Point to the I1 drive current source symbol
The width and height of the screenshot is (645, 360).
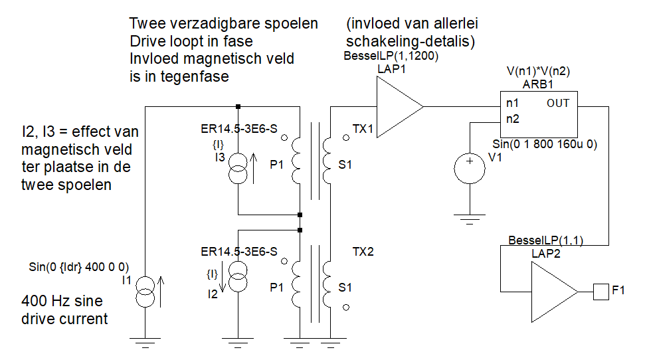pos(145,292)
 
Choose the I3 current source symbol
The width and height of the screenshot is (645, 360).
pos(238,168)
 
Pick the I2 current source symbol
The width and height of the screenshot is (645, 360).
pos(238,277)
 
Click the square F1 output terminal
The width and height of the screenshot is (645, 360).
pos(601,292)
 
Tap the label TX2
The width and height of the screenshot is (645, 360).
pos(363,251)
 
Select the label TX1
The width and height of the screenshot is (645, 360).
pos(363,129)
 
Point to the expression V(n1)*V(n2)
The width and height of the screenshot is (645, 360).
pos(538,71)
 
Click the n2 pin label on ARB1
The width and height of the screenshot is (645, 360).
pos(513,119)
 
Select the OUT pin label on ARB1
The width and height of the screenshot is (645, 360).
pos(558,103)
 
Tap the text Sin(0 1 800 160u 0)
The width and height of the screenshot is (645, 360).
pos(545,144)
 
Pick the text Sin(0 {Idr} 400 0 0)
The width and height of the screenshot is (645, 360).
pos(78,267)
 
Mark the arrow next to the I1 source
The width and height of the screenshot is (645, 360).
pos(161,292)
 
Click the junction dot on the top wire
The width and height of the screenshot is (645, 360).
pos(238,106)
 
